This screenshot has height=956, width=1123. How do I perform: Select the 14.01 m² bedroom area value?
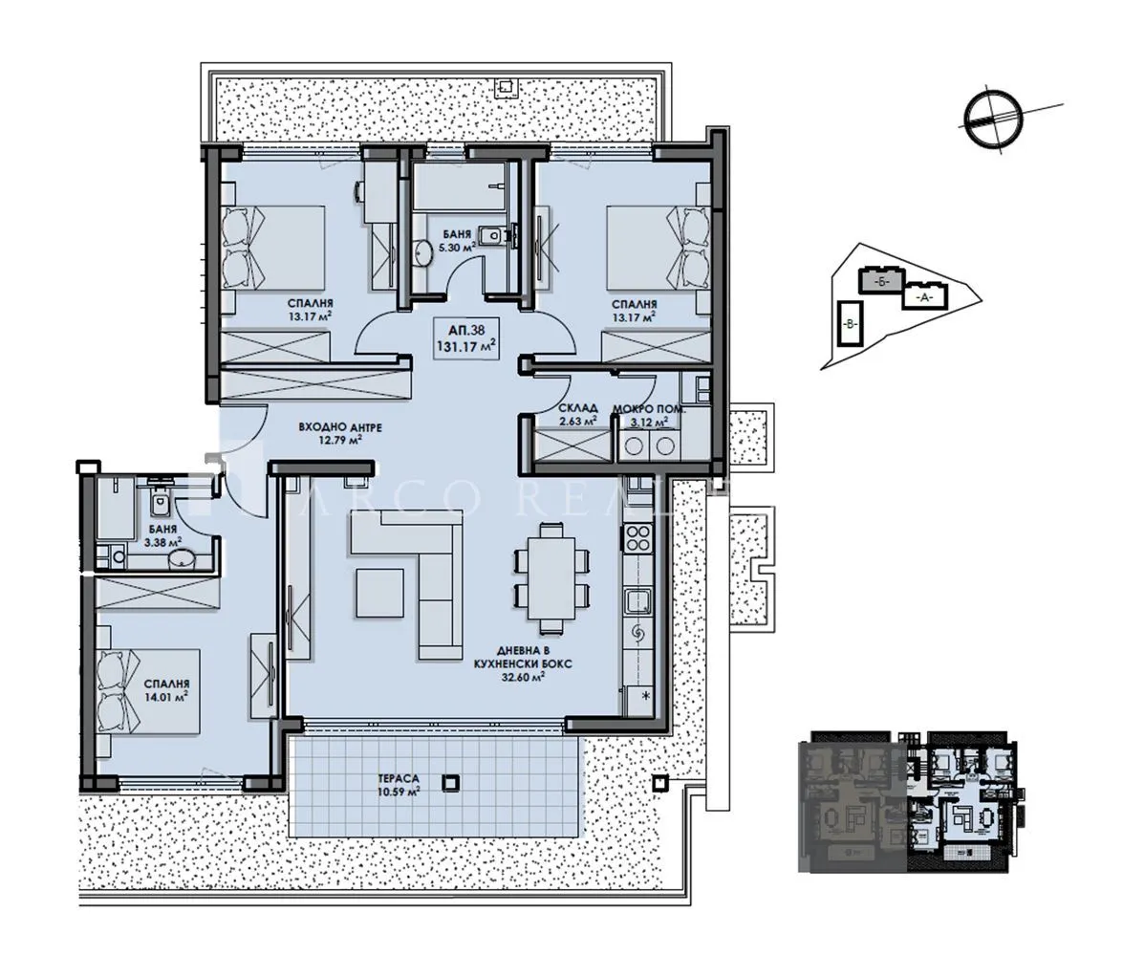click(x=165, y=697)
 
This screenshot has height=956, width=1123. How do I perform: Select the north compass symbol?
click(x=992, y=119)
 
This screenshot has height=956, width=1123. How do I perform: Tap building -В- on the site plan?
click(x=850, y=322)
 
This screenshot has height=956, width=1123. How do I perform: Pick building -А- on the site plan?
click(x=922, y=296)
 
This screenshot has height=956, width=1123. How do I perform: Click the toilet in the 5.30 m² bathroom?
click(x=493, y=234)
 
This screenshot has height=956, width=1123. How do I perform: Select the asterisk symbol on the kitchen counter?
click(x=645, y=694)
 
